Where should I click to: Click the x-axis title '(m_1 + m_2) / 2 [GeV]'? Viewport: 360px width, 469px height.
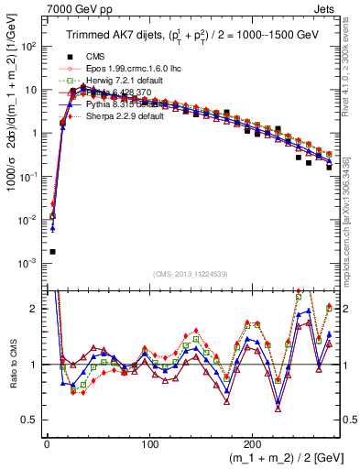click(276, 458)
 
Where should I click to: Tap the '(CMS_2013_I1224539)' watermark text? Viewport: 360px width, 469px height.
click(191, 273)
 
